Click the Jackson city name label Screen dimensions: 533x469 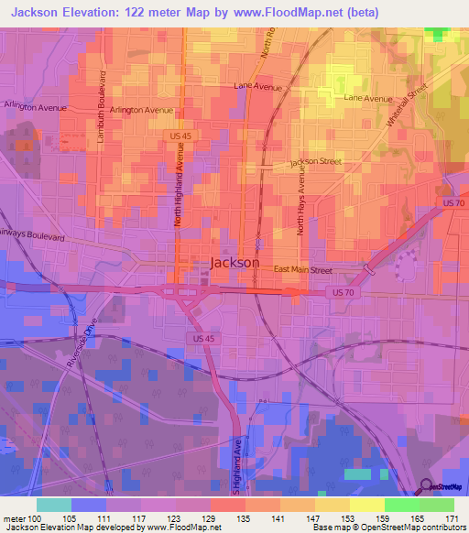pos(234,262)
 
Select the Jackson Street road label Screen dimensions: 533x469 pos(316,162)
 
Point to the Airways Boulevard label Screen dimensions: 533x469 pos(32,235)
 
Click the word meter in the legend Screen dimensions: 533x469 pos(13,518)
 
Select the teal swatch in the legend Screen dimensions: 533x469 pos(54,505)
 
